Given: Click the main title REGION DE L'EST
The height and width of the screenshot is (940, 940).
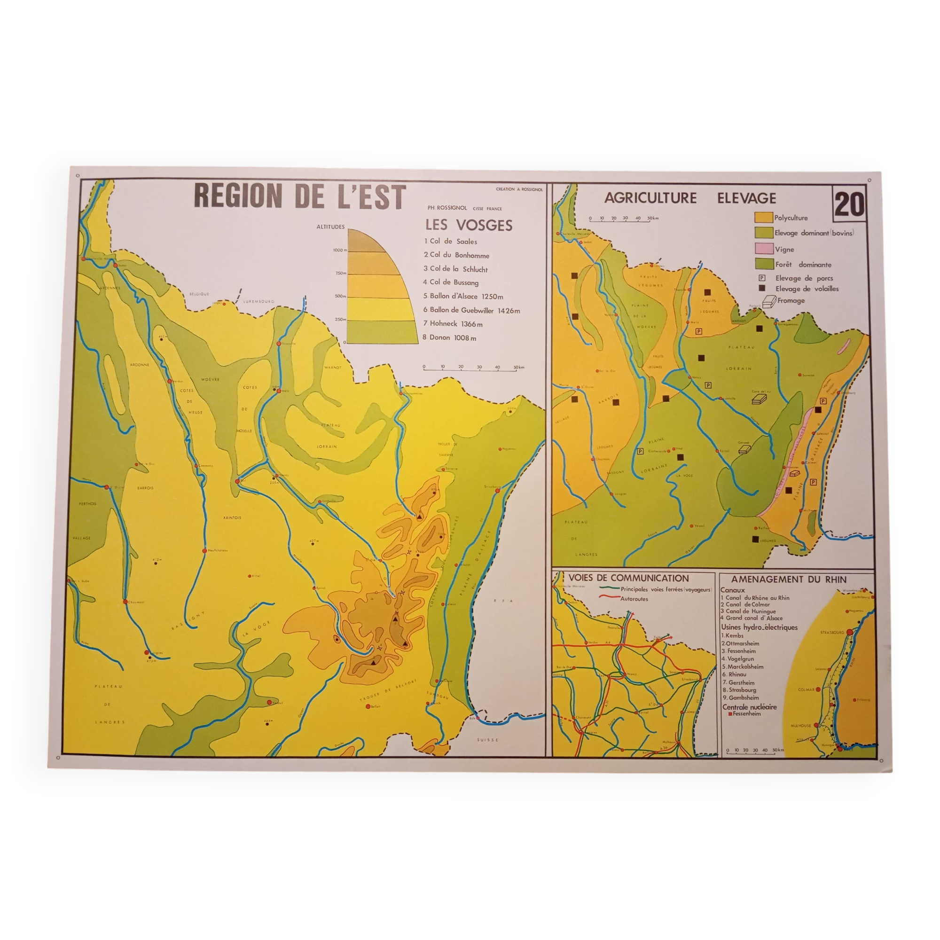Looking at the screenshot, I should [x=300, y=197].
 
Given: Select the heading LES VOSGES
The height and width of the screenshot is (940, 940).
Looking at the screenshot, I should [x=469, y=225].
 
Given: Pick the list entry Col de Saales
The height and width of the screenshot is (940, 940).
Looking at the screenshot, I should [x=451, y=241].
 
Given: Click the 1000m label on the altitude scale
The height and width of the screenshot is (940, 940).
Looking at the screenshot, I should [x=339, y=250].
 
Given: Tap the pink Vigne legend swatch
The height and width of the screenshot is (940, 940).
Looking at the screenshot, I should [x=764, y=249].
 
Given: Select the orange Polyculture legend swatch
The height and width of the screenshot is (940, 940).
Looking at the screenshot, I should [x=763, y=218].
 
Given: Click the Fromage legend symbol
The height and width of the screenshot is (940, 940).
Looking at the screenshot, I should [x=769, y=302].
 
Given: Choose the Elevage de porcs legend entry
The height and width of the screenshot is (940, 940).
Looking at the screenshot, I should [x=804, y=278].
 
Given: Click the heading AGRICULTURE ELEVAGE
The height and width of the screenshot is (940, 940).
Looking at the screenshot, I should [x=690, y=198].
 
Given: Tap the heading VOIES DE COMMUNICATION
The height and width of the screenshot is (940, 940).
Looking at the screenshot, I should [x=628, y=579].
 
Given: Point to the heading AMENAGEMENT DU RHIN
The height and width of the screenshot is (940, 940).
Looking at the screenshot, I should [x=789, y=580].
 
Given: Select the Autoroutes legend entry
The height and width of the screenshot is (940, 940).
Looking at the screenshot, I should [x=634, y=599].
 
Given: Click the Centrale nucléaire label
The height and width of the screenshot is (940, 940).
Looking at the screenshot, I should [x=749, y=707].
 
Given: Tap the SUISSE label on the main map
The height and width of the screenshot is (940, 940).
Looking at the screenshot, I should [x=488, y=740].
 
